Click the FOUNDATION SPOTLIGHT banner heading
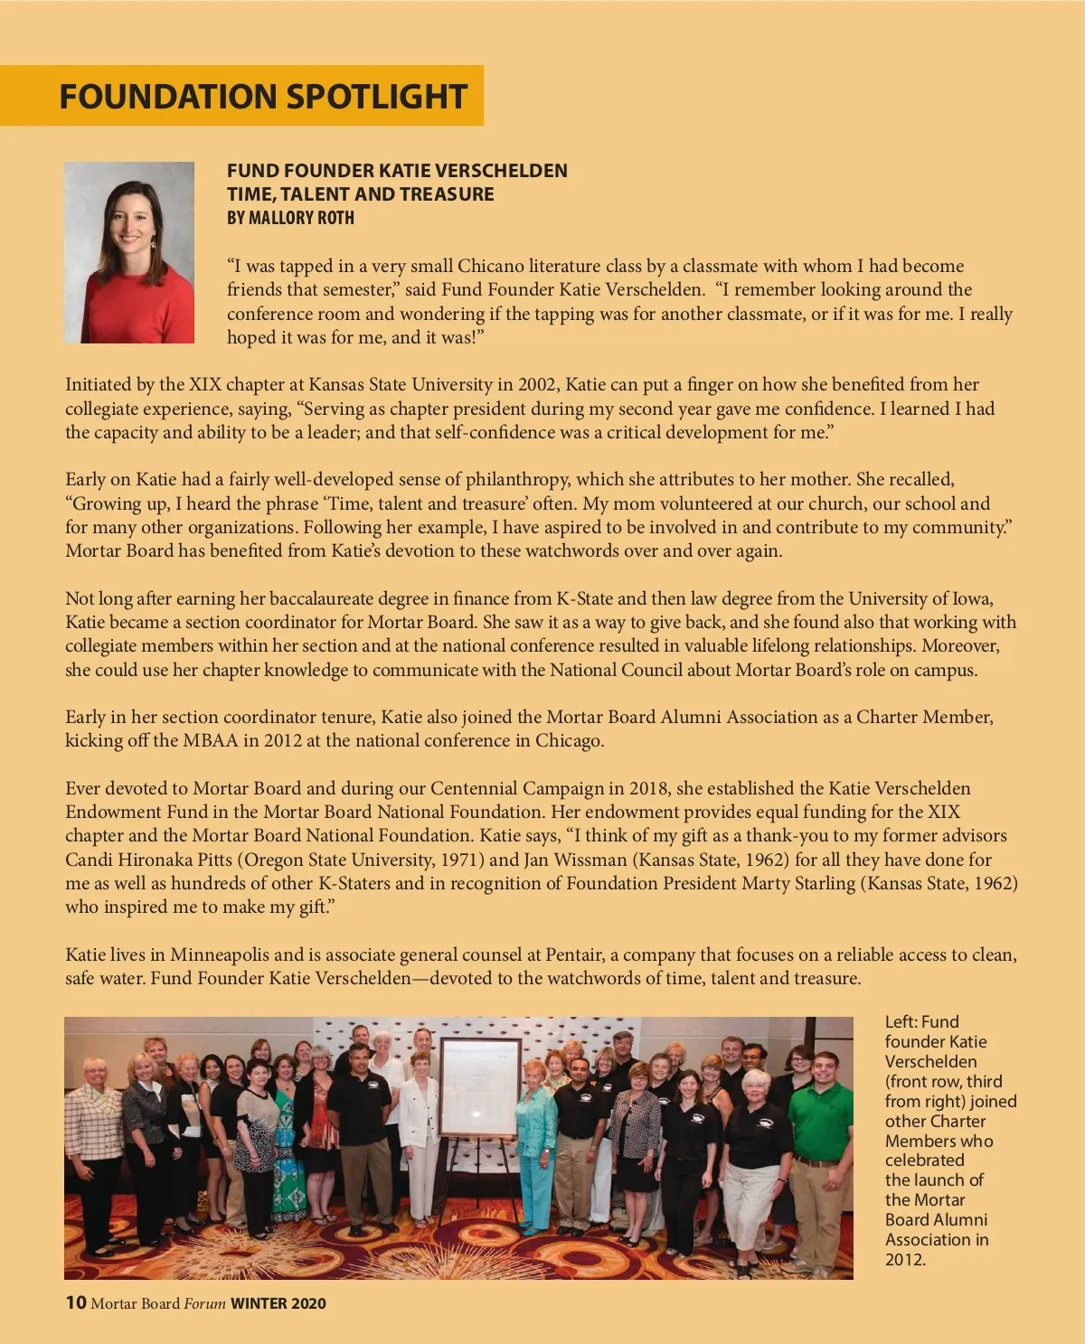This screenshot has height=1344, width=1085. coord(262,96)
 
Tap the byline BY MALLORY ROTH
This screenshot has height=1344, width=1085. coord(290,218)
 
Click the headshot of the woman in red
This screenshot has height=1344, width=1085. coord(129,252)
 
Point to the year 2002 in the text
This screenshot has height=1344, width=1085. coord(537,384)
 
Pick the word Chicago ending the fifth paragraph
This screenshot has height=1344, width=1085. coord(569,740)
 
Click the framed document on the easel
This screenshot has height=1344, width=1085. coord(479,1086)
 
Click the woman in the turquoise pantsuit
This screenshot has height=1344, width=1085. coord(536,1148)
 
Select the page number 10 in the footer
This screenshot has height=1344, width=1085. coord(75,1302)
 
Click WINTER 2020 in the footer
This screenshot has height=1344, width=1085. coord(278,1303)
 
